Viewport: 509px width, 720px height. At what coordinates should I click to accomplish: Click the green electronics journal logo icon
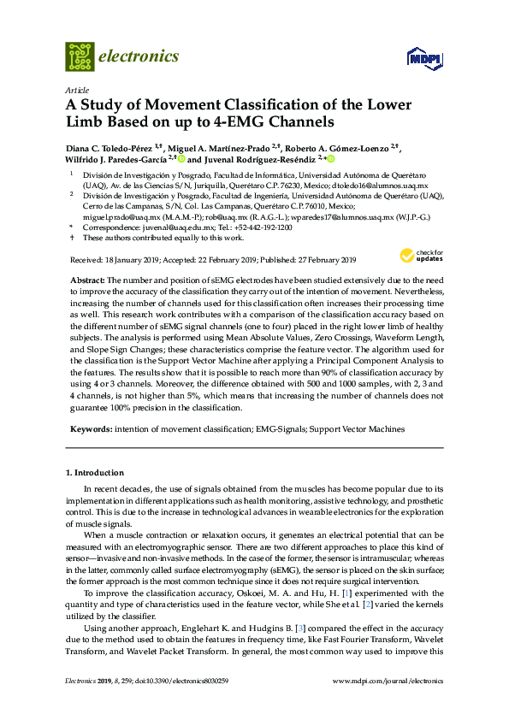(x=80, y=56)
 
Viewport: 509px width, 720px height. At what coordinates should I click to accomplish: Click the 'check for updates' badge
(x=419, y=256)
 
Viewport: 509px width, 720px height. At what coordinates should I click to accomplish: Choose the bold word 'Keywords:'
(x=89, y=429)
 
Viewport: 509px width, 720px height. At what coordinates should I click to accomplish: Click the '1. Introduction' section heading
(x=98, y=472)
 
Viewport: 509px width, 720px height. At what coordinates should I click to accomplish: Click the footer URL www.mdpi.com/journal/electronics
(x=392, y=705)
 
